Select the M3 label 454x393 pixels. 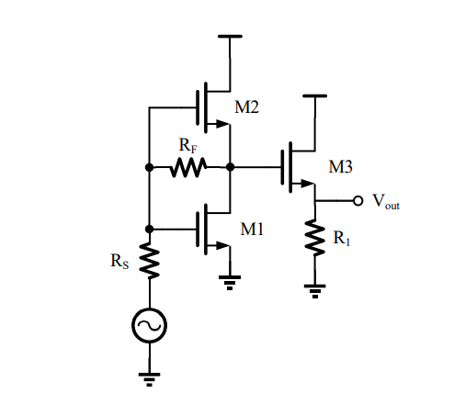pyautogui.click(x=342, y=167)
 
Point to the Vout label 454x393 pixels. pyautogui.click(x=385, y=201)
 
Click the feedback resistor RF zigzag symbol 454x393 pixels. pyautogui.click(x=188, y=167)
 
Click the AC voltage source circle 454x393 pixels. pyautogui.click(x=149, y=325)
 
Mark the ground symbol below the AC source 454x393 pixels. pyautogui.click(x=149, y=375)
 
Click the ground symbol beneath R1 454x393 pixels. pyautogui.click(x=314, y=290)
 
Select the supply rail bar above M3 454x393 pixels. pyautogui.click(x=314, y=95)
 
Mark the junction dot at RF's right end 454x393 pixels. pyautogui.click(x=229, y=167)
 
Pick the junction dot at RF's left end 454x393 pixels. pyautogui.click(x=149, y=167)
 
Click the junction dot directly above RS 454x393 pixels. pyautogui.click(x=149, y=228)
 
